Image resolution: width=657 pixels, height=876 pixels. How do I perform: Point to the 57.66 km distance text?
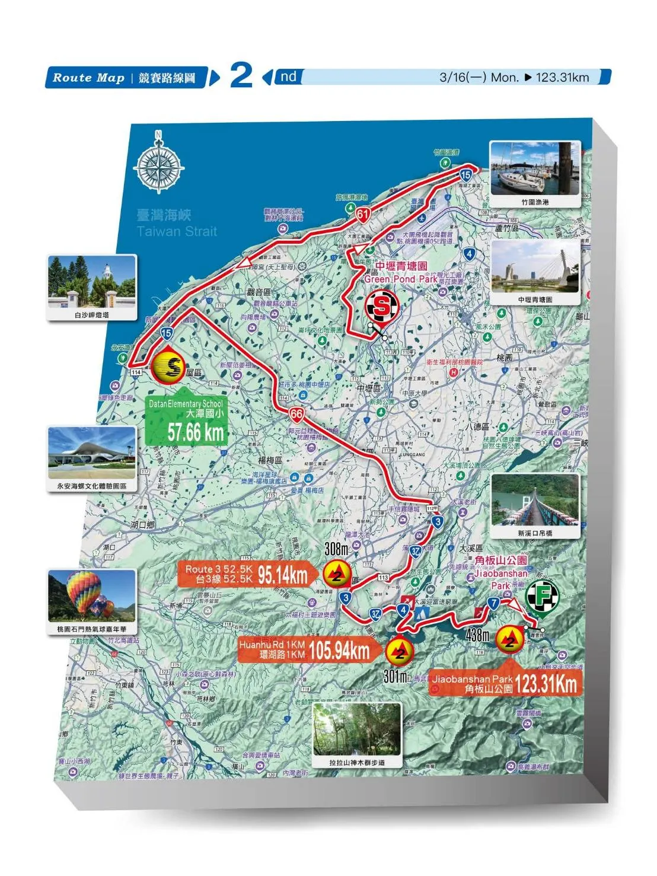(195, 432)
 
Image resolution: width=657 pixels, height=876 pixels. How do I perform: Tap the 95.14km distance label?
(283, 575)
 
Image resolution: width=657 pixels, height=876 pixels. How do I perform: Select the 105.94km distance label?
(339, 651)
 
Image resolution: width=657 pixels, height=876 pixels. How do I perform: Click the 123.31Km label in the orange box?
(546, 684)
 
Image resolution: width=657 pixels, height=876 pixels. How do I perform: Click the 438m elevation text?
(477, 635)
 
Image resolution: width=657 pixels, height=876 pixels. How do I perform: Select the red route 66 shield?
(296, 414)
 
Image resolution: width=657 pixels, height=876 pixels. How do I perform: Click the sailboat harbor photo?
(534, 168)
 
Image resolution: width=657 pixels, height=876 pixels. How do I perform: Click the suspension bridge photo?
(535, 500)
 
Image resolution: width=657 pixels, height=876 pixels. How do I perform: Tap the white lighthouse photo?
(92, 282)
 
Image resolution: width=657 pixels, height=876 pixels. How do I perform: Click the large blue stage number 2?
(241, 76)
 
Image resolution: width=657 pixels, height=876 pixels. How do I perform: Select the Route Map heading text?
(89, 78)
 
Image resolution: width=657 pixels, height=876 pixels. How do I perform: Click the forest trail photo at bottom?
(356, 729)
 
